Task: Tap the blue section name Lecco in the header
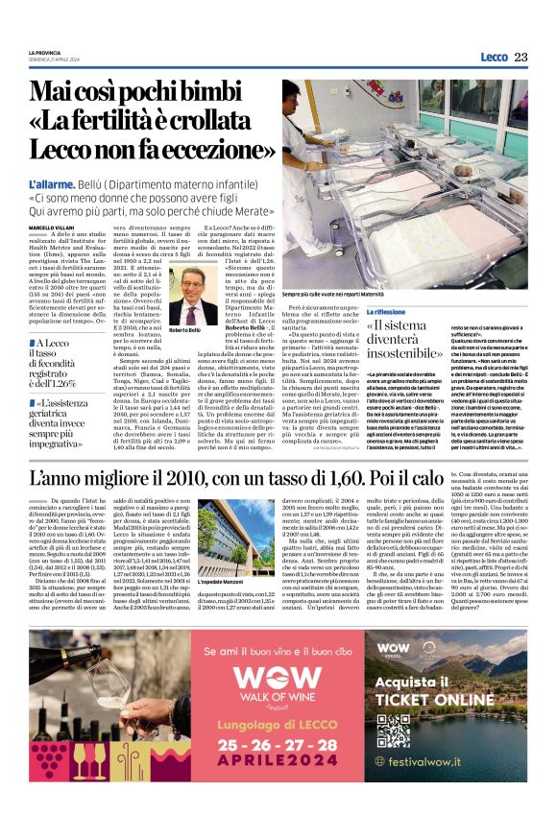(x=494, y=57)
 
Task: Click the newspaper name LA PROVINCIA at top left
(x=44, y=52)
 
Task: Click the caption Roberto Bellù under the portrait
(x=185, y=330)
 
